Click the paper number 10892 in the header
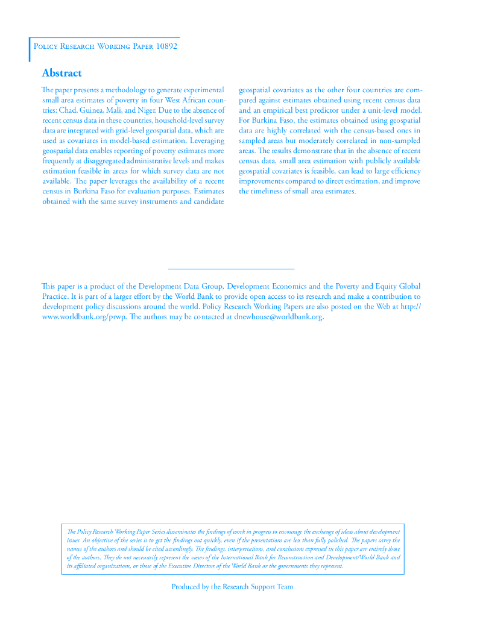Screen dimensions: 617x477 pos(165,46)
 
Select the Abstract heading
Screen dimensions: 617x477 pos(62,74)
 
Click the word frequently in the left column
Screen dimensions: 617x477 pos(60,161)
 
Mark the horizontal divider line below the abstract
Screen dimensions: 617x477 pos(231,268)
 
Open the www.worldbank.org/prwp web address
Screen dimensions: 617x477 pos(83,317)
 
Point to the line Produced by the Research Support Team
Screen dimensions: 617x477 pos(232,587)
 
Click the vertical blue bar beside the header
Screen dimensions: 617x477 pos(29,49)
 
